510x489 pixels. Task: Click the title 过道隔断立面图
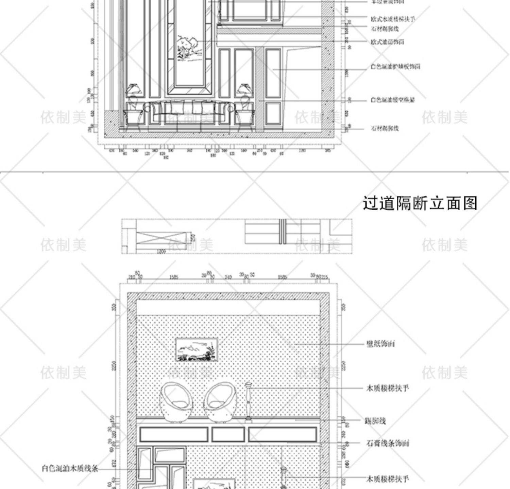coord(420,203)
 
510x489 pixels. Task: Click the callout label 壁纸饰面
coord(380,344)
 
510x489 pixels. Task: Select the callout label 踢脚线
coord(375,421)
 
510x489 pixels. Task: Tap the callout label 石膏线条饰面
coord(388,443)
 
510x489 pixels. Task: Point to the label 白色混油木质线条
coord(70,469)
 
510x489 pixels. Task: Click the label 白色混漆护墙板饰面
coord(395,67)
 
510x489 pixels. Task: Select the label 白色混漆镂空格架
coord(392,100)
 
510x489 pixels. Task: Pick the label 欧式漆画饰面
coord(387,42)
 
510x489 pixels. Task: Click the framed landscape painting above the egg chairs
coord(197,349)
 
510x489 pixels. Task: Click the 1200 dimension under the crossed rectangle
coord(161,252)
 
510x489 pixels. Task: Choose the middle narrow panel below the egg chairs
coord(228,434)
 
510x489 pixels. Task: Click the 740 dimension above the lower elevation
coord(228,277)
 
